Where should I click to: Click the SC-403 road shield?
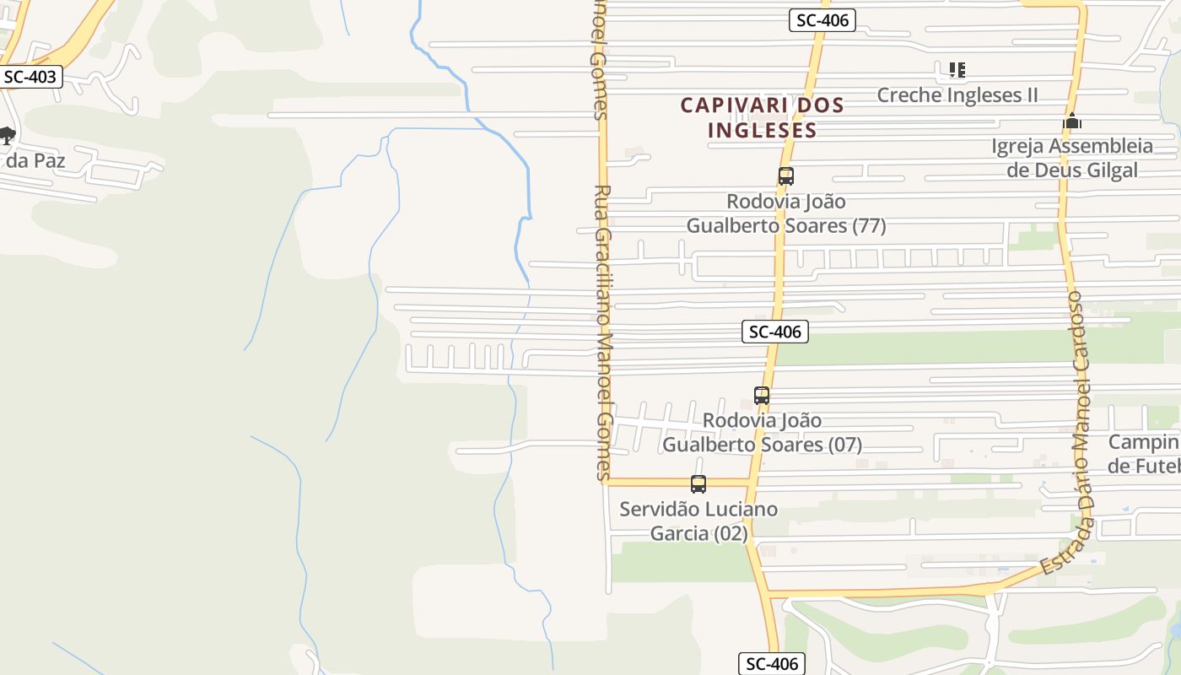(30, 77)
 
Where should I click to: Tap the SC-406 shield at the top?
(822, 21)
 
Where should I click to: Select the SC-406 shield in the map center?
(775, 332)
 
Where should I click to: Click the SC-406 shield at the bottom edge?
(772, 664)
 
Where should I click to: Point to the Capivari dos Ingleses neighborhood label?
(762, 117)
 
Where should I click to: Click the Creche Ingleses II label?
(957, 94)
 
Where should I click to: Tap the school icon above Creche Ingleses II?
(957, 70)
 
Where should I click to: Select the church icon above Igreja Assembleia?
(1072, 121)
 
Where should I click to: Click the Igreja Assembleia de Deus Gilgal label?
(1072, 158)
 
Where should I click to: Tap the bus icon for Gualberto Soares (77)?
(785, 176)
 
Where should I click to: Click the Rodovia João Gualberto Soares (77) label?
(785, 213)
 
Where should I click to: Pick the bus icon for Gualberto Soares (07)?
(762, 395)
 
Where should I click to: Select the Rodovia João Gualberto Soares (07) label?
(762, 432)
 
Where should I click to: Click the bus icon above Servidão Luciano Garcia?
(698, 484)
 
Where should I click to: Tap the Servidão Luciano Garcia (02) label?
(698, 521)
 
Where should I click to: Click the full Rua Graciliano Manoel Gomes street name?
(602, 333)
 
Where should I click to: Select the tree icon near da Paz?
(7, 135)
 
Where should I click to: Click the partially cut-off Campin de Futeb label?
(1144, 454)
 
